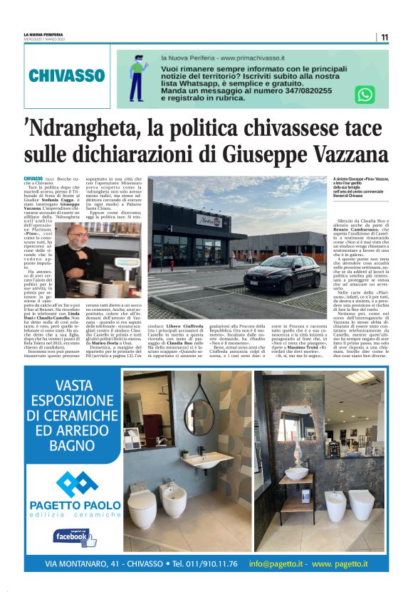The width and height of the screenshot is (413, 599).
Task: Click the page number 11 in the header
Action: click(x=384, y=38)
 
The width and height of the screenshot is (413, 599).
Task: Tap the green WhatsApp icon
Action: click(x=365, y=95)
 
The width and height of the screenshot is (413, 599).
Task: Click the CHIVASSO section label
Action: click(x=67, y=76)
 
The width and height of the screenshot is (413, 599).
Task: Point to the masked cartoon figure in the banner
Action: click(x=137, y=77)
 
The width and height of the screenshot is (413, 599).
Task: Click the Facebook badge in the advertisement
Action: click(x=75, y=537)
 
